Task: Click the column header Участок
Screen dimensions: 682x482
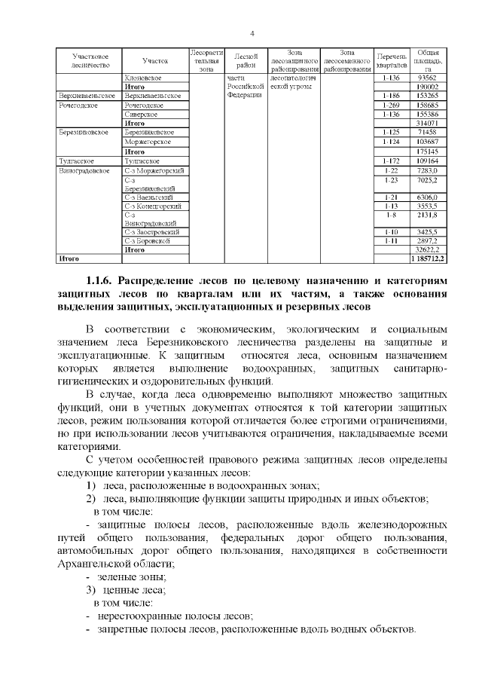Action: (x=154, y=60)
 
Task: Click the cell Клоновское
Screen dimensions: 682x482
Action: (x=144, y=78)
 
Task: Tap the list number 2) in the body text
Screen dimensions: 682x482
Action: (x=90, y=499)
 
